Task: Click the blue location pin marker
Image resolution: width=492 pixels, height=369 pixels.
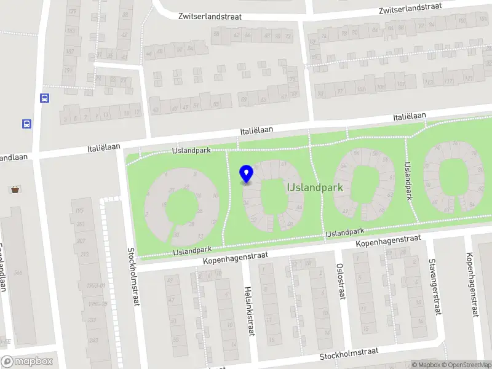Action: [x=247, y=174]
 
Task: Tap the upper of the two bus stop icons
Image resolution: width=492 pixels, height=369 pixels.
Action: [x=44, y=98]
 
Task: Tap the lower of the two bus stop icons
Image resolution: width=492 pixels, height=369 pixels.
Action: [x=27, y=124]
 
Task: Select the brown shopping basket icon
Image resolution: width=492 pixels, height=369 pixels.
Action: [x=15, y=189]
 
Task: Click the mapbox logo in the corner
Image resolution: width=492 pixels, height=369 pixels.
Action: [x=27, y=361]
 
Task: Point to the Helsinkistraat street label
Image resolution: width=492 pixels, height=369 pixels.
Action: [x=250, y=311]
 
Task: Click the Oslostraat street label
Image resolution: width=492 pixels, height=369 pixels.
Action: [x=339, y=281]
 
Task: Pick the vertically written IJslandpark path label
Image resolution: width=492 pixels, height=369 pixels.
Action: [x=407, y=181]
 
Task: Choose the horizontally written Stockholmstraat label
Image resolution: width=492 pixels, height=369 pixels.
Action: [x=347, y=355]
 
